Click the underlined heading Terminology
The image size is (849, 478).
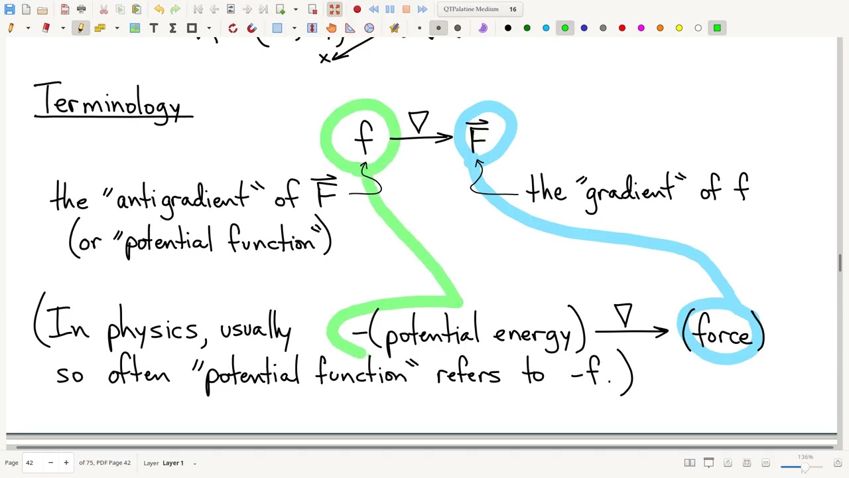[x=108, y=102]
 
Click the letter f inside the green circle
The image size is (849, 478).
[x=364, y=137]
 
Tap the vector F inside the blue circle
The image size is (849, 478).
[x=478, y=136]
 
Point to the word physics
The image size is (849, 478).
[x=153, y=328]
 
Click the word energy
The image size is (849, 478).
[x=532, y=335]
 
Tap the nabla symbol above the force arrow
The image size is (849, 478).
[x=624, y=315]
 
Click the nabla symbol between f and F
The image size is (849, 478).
[x=419, y=121]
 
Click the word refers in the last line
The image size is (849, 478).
[x=468, y=374]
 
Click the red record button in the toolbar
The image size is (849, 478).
[x=357, y=9]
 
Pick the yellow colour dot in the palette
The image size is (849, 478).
[x=679, y=28]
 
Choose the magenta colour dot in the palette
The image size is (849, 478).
[x=641, y=28]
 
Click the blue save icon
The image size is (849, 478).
[x=9, y=9]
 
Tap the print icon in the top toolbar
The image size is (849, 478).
[x=81, y=9]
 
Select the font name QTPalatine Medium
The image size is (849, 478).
[x=471, y=9]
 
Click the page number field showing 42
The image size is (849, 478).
[x=33, y=463]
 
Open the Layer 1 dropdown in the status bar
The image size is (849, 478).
[x=179, y=463]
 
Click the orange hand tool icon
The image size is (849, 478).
[x=331, y=28]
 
